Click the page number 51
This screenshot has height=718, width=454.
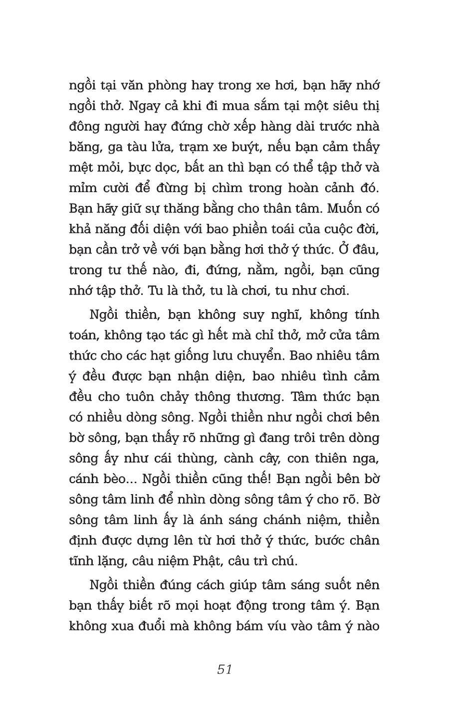tap(225, 669)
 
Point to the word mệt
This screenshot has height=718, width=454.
tap(81, 168)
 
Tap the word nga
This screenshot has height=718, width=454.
tap(367, 458)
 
